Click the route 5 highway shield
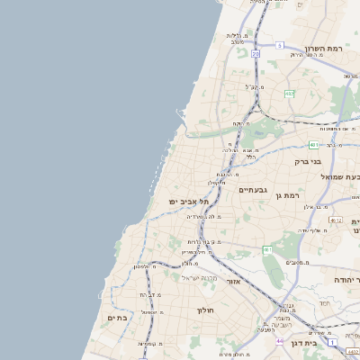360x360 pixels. [280, 45]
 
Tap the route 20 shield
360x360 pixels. [256, 54]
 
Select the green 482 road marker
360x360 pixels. [289, 93]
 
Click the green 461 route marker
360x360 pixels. [267, 249]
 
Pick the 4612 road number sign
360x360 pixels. [335, 220]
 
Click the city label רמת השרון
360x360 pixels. [325, 49]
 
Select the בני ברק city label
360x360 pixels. [309, 162]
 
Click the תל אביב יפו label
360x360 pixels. [188, 202]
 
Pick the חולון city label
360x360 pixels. [204, 310]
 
